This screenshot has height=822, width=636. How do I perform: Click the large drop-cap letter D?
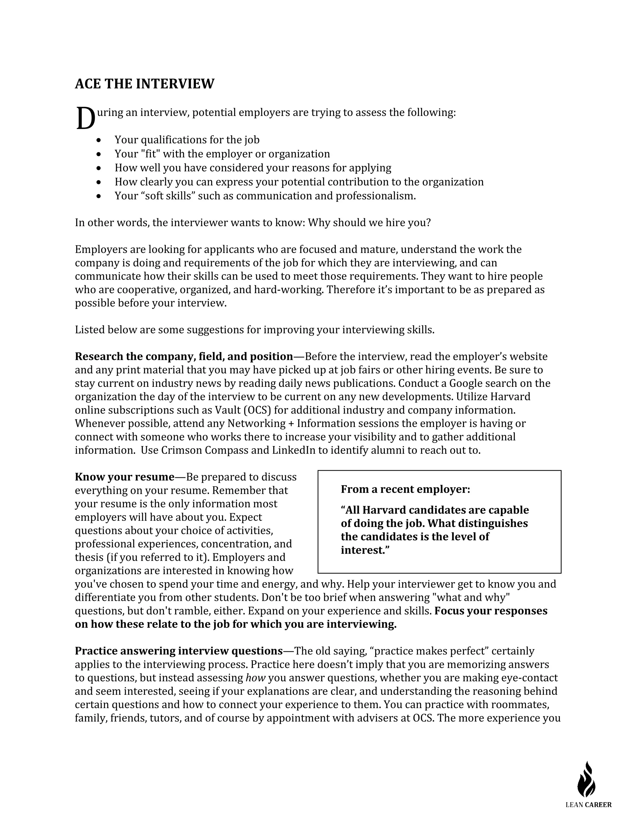pos(85,118)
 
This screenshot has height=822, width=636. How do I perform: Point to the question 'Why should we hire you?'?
pos(369,223)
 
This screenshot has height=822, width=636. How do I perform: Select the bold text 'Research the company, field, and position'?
pos(184,356)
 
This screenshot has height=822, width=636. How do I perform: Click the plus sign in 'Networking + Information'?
pos(291,423)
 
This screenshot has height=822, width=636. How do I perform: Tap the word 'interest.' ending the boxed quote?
pos(364,550)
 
